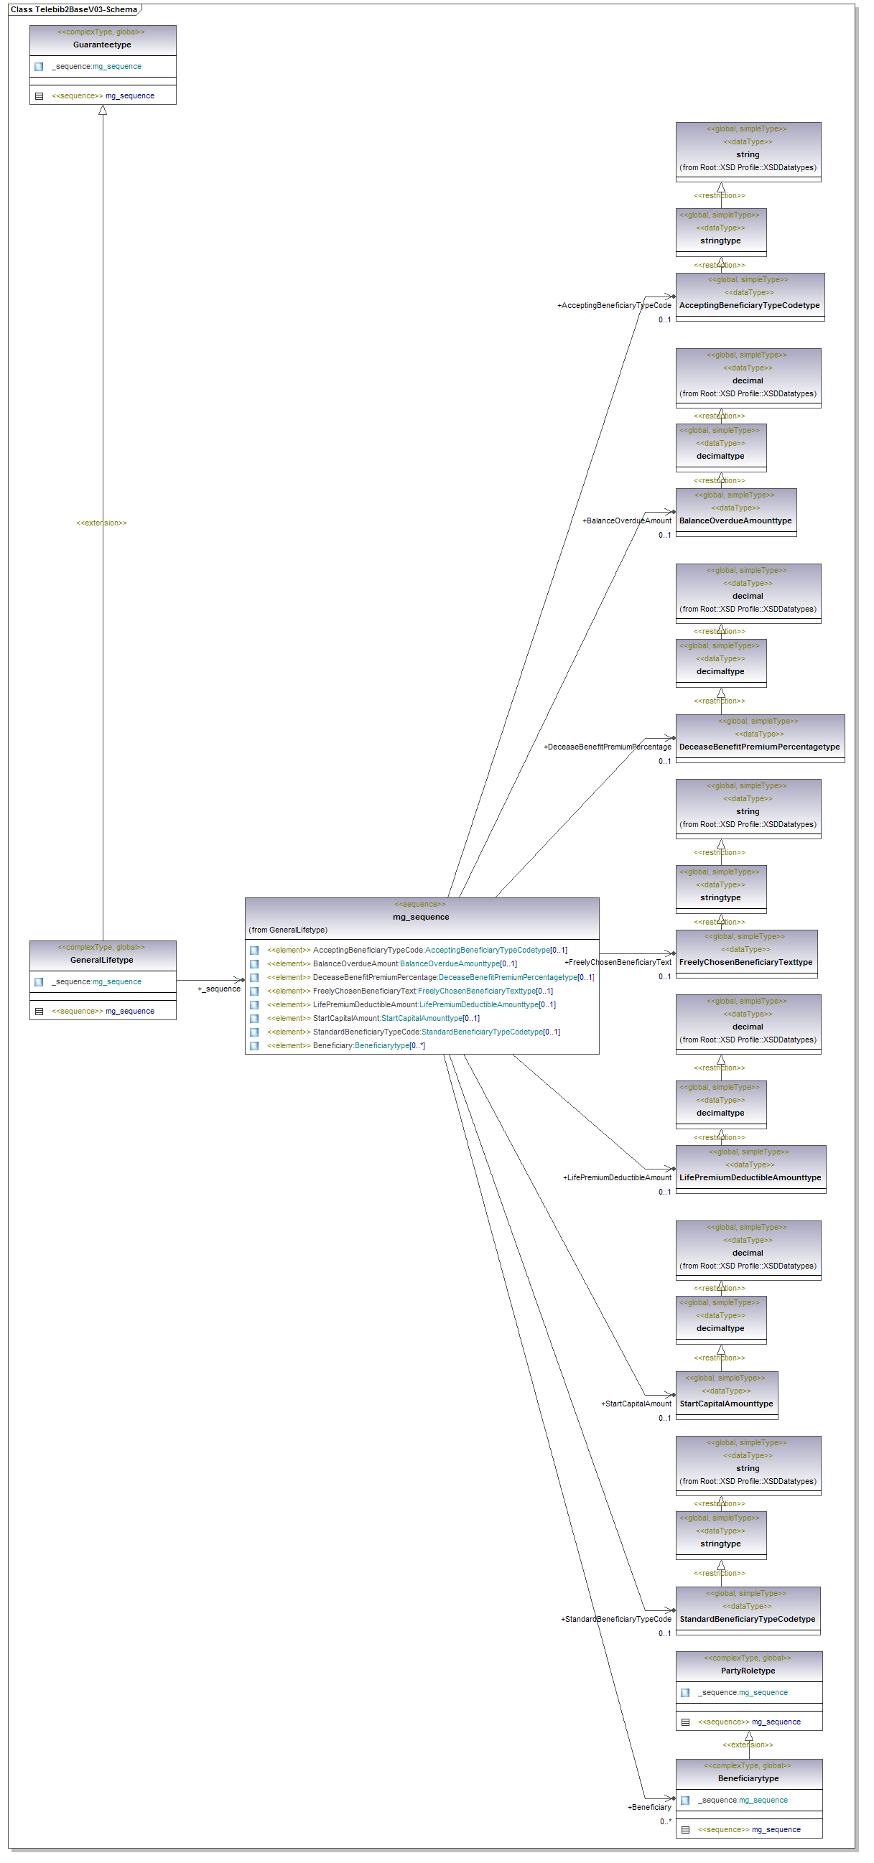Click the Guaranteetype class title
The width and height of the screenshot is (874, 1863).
102,45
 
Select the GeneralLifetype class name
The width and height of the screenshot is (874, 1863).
102,960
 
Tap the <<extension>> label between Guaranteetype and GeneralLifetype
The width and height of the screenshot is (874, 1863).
101,523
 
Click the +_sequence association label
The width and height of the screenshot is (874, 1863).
218,989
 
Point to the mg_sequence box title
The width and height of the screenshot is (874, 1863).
421,917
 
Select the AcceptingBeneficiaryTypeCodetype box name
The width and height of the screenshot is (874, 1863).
749,305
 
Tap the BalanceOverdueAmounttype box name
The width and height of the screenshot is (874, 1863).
735,520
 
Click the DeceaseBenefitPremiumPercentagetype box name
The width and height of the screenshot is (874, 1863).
759,747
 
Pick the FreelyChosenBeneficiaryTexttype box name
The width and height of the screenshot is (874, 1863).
745,962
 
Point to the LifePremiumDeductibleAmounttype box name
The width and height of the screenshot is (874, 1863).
750,1177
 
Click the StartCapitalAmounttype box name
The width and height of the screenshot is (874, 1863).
725,1404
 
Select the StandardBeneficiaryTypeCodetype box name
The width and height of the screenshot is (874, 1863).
747,1620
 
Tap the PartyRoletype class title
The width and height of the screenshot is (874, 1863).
748,1671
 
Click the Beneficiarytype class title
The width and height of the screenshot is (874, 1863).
748,1778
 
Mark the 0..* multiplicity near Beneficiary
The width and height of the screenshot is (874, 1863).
665,1821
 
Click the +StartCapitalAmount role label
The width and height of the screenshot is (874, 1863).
636,1404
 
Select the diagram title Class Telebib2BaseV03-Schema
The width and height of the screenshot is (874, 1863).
74,9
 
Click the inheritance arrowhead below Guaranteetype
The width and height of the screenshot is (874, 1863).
103,111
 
